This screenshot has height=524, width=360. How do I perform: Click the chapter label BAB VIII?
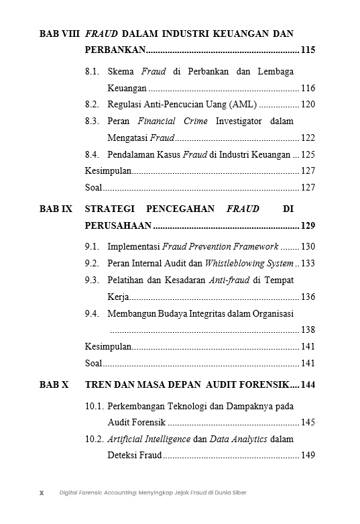pos(60,34)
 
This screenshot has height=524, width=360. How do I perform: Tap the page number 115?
pos(308,50)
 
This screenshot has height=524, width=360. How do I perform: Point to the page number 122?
pos(308,138)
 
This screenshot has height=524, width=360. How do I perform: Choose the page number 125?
pos(308,154)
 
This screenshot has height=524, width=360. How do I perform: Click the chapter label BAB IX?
pos(56,209)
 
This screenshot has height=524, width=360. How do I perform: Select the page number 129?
pos(308,225)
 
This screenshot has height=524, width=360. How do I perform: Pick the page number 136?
pos(308,297)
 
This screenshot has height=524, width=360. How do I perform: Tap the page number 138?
pos(308,329)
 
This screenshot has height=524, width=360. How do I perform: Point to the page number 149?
pos(308,456)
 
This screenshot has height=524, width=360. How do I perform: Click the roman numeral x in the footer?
pos(42,492)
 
